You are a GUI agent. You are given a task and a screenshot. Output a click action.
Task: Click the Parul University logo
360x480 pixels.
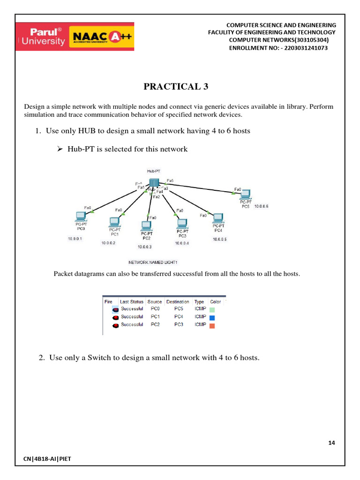42,37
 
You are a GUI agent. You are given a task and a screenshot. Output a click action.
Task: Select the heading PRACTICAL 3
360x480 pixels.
175,87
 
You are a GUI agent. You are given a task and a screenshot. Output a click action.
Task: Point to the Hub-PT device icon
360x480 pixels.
154,183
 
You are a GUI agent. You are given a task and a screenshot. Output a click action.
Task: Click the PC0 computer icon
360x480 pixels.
81,217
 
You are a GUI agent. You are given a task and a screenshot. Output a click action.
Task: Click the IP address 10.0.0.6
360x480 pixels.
261,206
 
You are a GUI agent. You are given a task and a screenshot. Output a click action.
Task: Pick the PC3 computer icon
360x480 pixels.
182,223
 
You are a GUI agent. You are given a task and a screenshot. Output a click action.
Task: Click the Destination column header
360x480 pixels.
178,302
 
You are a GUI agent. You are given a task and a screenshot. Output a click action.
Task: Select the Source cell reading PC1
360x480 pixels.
154,317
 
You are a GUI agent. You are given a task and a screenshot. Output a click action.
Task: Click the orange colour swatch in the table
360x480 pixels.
212,325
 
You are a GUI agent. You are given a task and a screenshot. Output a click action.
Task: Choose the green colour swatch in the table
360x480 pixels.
212,310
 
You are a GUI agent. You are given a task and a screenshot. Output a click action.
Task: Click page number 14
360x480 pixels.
332,442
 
